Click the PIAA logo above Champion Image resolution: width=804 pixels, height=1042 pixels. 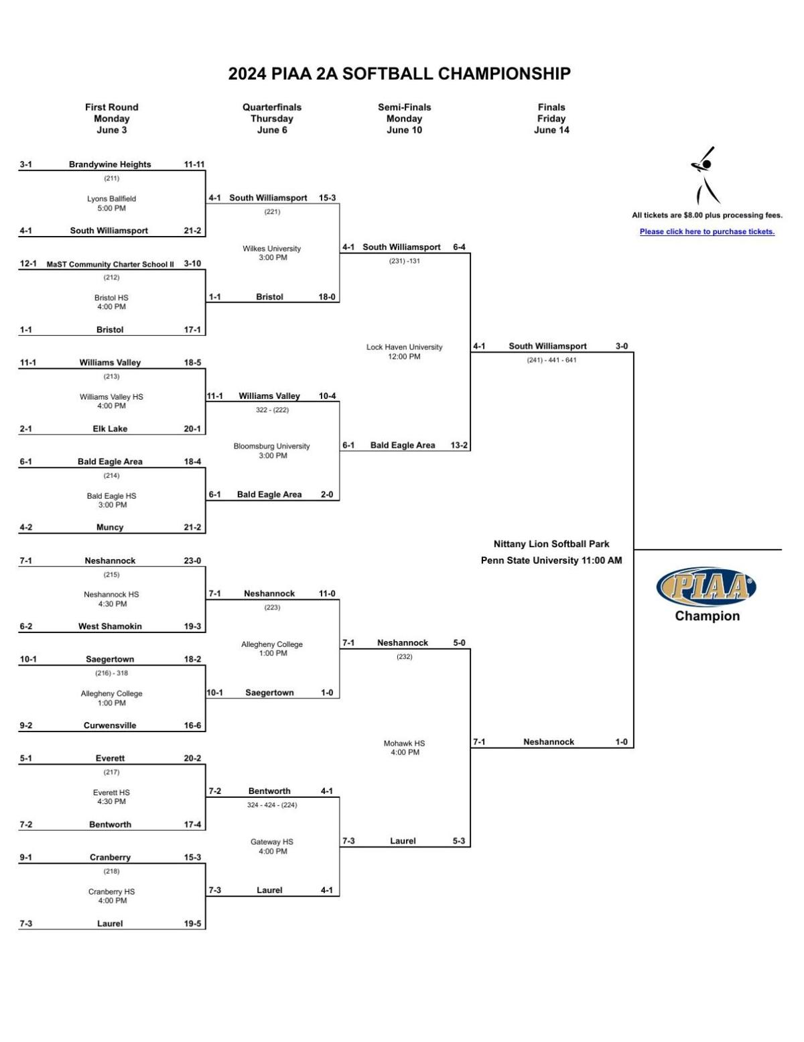[706, 587]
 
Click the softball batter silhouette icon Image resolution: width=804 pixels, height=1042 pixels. [704, 176]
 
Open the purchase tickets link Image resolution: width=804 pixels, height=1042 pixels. [707, 232]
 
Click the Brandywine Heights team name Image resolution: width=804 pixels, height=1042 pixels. [110, 164]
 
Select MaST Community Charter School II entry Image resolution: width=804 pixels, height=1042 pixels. [110, 264]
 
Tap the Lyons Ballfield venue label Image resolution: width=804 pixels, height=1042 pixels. [111, 198]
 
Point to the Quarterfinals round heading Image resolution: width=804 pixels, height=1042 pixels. [272, 107]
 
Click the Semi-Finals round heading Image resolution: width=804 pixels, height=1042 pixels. [404, 107]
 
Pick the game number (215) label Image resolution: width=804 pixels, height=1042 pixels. [111, 575]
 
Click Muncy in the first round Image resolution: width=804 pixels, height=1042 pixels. [110, 528]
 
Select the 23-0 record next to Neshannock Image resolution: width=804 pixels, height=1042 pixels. [192, 561]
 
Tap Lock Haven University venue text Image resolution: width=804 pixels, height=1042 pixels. [404, 347]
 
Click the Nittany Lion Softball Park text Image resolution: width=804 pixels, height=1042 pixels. [551, 544]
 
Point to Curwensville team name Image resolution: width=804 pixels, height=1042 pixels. [110, 726]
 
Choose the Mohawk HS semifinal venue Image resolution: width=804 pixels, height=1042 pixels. [404, 744]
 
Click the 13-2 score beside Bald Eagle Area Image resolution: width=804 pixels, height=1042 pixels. [459, 445]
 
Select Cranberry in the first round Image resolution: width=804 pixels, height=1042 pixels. [110, 858]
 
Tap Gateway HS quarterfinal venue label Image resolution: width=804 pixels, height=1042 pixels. [272, 842]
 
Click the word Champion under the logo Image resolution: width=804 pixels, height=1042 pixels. [707, 616]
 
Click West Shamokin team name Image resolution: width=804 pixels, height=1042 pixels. [110, 626]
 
